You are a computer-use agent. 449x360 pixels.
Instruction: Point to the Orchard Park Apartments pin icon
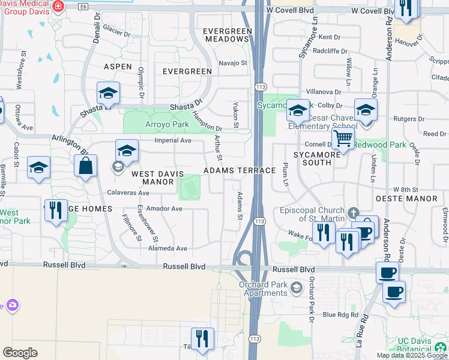296,289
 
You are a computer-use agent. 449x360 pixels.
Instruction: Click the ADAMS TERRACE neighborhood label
240,171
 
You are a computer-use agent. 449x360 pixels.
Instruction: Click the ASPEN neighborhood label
118,66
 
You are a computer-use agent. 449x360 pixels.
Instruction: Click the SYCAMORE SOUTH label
313,159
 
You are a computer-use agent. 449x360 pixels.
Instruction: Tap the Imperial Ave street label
173,140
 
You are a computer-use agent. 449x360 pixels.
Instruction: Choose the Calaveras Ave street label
128,193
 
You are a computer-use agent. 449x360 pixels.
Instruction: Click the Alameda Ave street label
169,248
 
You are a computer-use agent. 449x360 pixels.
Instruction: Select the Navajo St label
232,62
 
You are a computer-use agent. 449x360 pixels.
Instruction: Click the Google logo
20,353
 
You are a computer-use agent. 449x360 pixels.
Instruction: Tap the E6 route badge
83,6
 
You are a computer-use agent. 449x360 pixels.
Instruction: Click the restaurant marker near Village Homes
56,211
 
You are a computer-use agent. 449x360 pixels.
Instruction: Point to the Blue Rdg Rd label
340,314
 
